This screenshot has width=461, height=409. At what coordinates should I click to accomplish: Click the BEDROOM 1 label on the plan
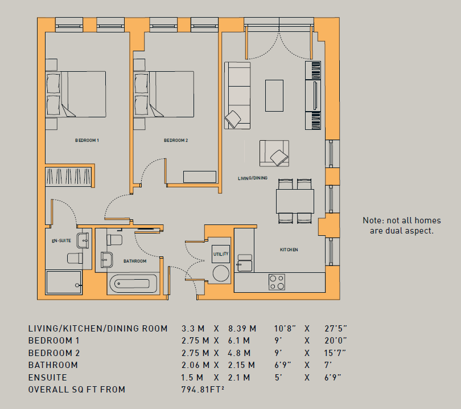[x=87, y=140]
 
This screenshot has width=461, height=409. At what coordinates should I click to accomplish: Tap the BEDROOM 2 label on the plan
[x=176, y=140]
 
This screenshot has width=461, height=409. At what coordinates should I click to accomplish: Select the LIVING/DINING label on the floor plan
[x=253, y=178]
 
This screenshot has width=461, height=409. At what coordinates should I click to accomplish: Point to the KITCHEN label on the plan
[x=289, y=250]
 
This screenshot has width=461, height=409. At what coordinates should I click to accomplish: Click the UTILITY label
[x=221, y=254]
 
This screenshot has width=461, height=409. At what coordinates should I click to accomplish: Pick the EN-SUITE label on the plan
[x=61, y=241]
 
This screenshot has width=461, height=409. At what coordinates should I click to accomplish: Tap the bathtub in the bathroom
[x=134, y=284]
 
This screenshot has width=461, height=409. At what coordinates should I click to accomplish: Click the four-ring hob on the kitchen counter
[x=277, y=282]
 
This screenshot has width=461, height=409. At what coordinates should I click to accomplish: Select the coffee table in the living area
[x=274, y=96]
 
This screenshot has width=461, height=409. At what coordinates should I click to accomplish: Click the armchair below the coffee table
[x=274, y=153]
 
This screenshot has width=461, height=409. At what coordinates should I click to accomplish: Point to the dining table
[x=295, y=201]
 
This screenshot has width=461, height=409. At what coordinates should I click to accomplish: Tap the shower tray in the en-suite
[x=64, y=283]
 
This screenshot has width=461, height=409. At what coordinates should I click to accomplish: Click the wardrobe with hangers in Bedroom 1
[x=68, y=176]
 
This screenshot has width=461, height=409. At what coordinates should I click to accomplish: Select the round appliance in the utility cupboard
[x=221, y=273]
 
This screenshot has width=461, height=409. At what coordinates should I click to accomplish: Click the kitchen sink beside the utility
[x=245, y=263]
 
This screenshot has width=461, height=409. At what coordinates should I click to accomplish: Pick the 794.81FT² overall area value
[x=203, y=390]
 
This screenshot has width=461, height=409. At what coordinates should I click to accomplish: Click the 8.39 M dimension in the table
[x=242, y=328]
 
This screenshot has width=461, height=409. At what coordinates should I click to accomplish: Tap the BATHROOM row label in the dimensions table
[x=53, y=365]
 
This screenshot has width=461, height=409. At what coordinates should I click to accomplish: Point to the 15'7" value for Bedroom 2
[x=335, y=353]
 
